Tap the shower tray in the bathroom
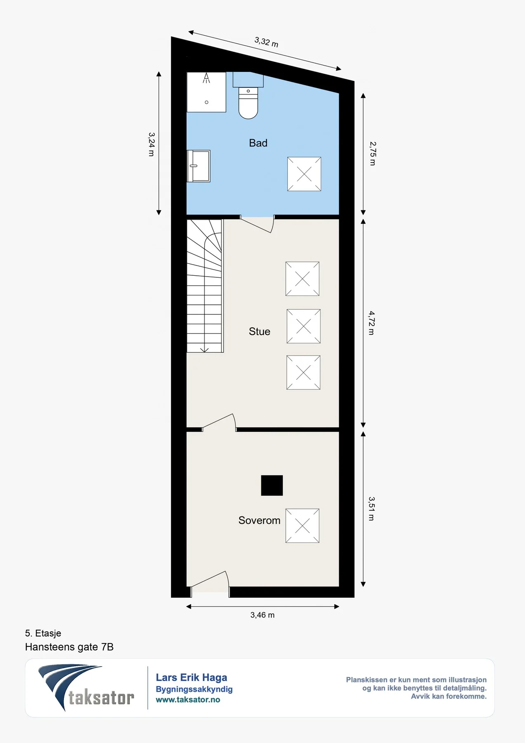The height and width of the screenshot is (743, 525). click(x=206, y=92)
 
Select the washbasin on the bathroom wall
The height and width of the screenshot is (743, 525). click(x=199, y=166)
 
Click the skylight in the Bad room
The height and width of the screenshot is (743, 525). click(x=304, y=174)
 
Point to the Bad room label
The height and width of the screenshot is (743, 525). click(x=258, y=143)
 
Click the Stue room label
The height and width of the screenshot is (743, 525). click(x=259, y=331)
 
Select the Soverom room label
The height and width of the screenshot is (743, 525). click(x=259, y=520)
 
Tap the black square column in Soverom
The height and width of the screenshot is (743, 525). click(x=272, y=485)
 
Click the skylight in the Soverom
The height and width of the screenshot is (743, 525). click(x=302, y=525)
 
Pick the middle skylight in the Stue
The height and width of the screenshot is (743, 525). click(x=304, y=326)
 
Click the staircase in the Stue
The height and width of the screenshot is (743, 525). click(x=205, y=286)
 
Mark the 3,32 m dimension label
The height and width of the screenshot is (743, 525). click(x=266, y=42)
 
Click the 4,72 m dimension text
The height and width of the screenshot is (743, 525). click(x=372, y=323)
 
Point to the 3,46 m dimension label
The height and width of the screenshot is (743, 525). click(x=262, y=615)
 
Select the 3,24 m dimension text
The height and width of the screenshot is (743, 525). click(x=151, y=144)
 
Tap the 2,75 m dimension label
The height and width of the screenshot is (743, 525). click(x=372, y=154)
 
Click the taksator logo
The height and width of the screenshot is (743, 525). click(x=86, y=687)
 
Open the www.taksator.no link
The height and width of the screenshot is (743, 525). click(x=188, y=700)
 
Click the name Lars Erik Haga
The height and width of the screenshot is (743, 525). click(x=191, y=677)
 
